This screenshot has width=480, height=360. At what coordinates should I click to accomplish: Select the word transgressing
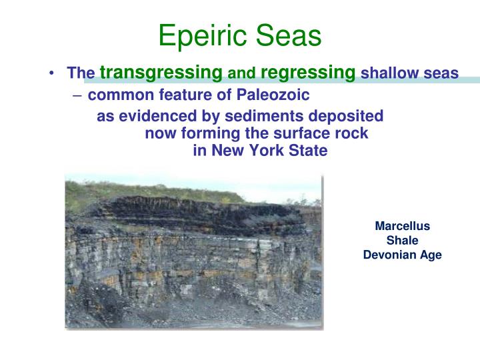point(161,72)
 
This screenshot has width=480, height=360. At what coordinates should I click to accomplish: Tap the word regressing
point(307,72)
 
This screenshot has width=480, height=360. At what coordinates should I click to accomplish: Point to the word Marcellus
point(402,226)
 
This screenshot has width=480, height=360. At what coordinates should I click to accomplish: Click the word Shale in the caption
point(402,240)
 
